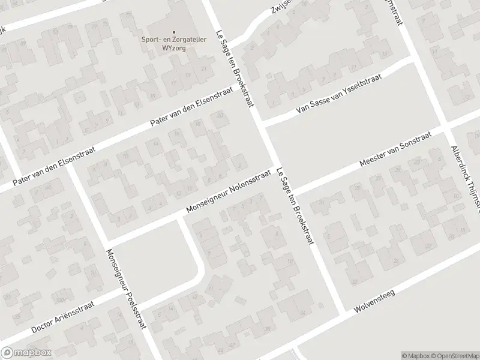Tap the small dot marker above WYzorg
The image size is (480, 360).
[x=174, y=32]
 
